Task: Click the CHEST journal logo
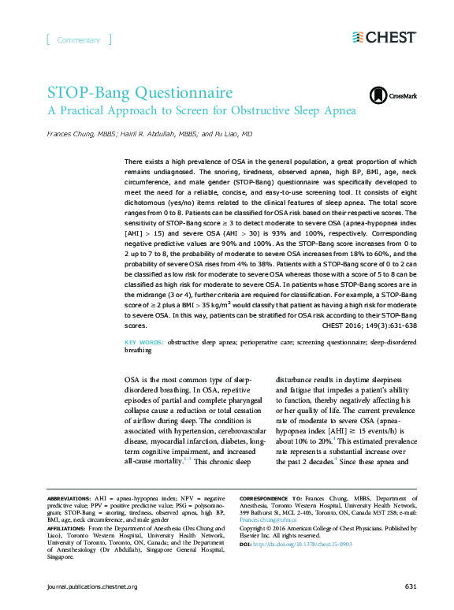click(x=385, y=37)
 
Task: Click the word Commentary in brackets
click(x=79, y=40)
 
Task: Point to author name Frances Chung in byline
click(x=67, y=134)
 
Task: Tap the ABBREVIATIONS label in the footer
click(x=69, y=500)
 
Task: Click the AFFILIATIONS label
click(x=67, y=528)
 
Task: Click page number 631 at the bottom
click(x=411, y=587)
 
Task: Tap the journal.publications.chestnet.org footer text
click(x=92, y=587)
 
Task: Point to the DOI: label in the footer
click(x=245, y=545)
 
